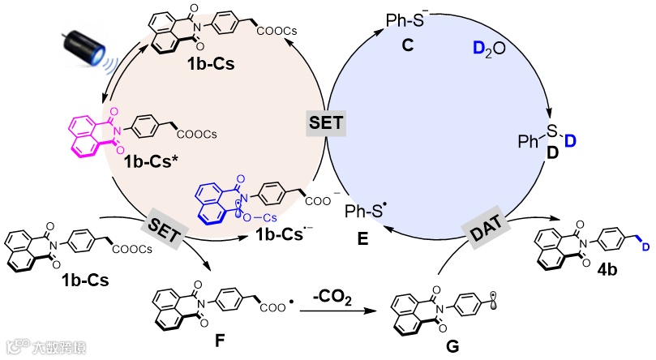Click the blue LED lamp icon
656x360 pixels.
click(82, 45)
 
